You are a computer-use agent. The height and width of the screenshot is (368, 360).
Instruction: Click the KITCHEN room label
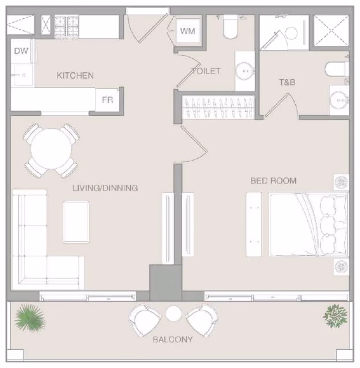click(x=75, y=75)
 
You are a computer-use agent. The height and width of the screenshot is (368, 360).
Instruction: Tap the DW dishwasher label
click(x=21, y=51)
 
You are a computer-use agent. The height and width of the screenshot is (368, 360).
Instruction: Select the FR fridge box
click(x=107, y=100)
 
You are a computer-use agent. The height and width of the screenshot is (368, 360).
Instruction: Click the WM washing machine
click(x=188, y=31)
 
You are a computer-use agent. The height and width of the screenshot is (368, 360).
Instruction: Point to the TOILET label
click(x=206, y=71)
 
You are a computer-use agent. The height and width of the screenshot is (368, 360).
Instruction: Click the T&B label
click(x=287, y=82)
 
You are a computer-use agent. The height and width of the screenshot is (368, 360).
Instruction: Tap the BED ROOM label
click(x=273, y=181)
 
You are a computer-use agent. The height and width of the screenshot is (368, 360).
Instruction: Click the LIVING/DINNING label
click(x=105, y=188)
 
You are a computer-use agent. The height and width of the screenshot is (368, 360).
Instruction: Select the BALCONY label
click(x=173, y=339)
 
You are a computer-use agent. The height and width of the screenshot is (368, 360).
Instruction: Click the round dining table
click(x=51, y=149)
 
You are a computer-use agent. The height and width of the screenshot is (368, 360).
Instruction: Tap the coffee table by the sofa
click(x=76, y=222)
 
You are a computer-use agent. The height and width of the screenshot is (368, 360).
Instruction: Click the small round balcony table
click(x=174, y=313)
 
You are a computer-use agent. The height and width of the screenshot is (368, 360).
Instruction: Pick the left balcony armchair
click(x=144, y=320)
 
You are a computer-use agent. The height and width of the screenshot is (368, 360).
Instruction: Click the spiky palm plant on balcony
click(x=30, y=318)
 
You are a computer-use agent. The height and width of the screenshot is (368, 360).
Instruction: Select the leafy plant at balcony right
click(x=335, y=316)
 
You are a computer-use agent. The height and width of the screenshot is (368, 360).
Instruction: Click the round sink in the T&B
click(x=338, y=100)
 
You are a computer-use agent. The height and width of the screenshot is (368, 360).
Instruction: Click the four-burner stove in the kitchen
click(x=67, y=26)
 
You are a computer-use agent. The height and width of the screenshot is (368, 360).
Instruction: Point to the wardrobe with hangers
click(x=218, y=107)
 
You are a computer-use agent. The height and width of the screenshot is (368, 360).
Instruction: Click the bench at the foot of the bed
click(x=254, y=224)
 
